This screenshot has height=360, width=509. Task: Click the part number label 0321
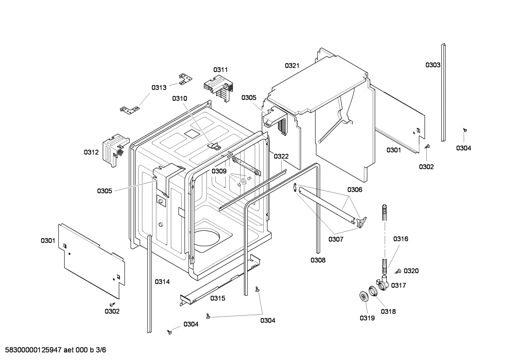coord(292,65)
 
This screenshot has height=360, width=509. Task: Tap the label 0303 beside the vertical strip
coord(432,65)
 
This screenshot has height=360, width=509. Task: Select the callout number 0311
coord(220,70)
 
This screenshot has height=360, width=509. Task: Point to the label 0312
coord(91,152)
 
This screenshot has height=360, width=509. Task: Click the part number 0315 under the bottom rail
coord(218,298)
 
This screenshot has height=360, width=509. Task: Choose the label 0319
coord(367,318)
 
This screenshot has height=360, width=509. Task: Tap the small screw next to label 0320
coord(399,271)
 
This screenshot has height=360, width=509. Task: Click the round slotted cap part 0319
coord(364,296)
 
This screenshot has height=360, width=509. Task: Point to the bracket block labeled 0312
coord(114,150)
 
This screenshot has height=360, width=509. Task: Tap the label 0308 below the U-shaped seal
coord(318,260)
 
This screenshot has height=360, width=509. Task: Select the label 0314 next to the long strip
coord(162,282)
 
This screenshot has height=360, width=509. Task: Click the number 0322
coord(281,156)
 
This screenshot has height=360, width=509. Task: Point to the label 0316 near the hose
coord(401,239)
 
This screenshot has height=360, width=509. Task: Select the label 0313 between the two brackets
coord(159,87)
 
